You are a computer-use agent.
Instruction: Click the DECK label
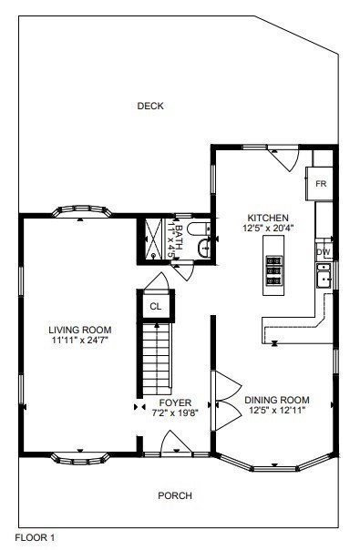click(150, 107)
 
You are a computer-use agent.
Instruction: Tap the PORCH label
click(175, 496)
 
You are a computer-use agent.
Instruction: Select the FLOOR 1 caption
click(36, 538)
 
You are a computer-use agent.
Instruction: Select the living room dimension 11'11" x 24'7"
click(79, 341)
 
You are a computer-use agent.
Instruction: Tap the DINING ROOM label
click(277, 400)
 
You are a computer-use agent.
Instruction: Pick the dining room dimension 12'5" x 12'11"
click(277, 411)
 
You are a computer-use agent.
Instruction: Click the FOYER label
click(175, 402)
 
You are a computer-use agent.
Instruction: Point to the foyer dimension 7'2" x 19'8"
click(175, 412)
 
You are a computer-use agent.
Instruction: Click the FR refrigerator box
click(321, 183)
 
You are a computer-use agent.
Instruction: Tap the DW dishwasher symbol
click(323, 251)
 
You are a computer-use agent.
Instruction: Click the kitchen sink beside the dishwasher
click(323, 276)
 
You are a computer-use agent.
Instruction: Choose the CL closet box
click(155, 307)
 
